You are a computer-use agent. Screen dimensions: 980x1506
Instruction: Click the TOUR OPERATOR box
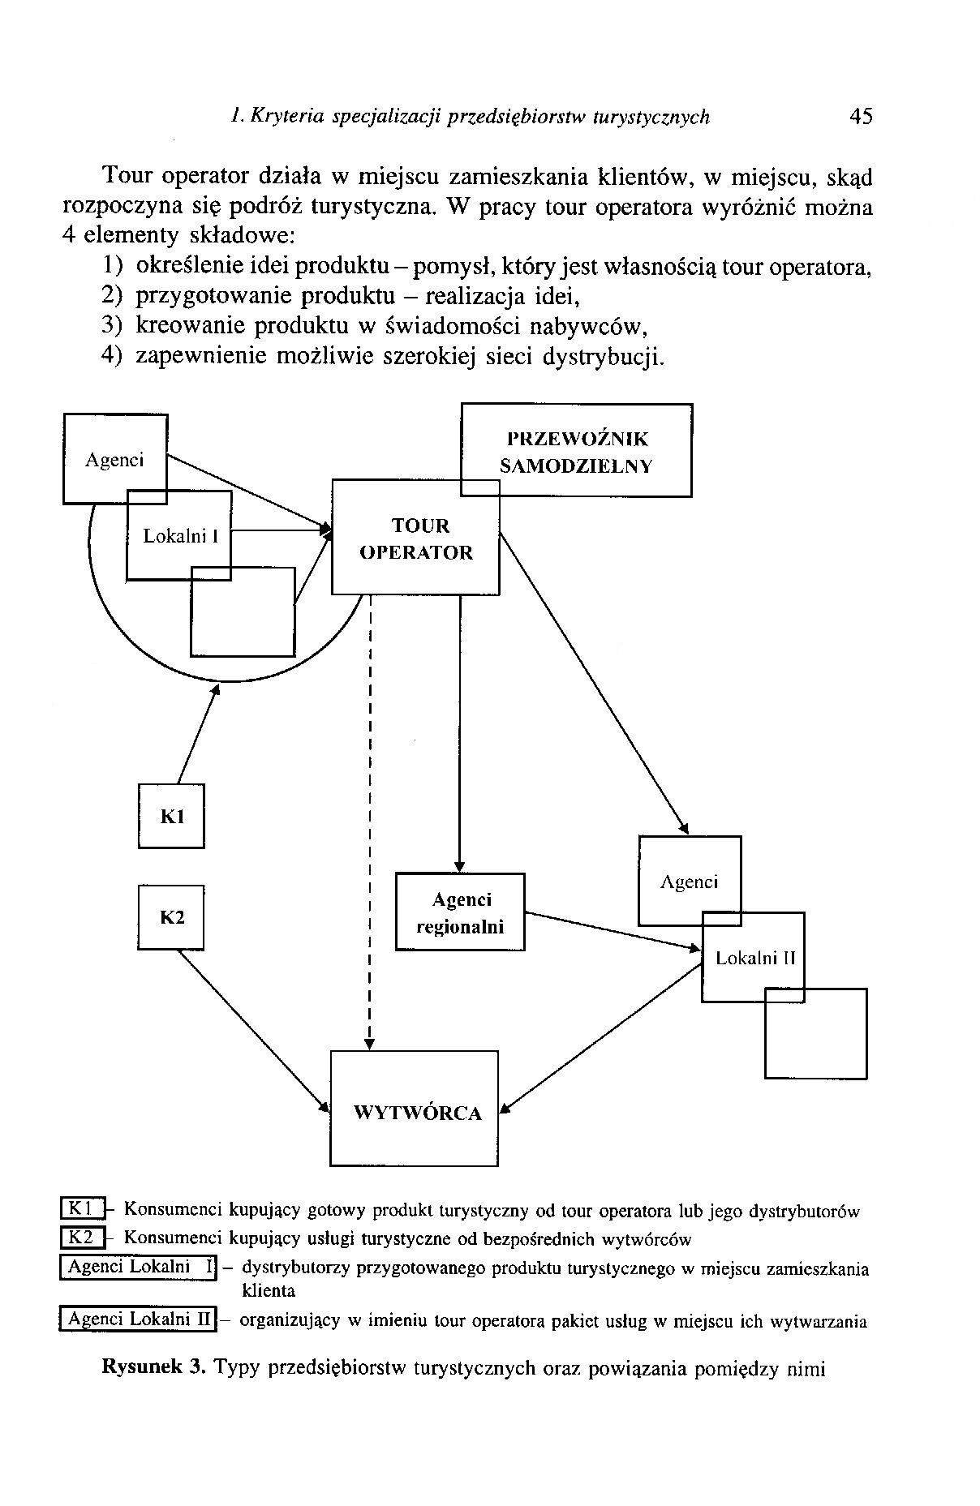[x=415, y=537]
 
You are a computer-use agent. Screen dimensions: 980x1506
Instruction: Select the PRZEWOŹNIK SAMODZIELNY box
[x=577, y=450]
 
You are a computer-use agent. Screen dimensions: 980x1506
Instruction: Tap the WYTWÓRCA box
[x=415, y=1109]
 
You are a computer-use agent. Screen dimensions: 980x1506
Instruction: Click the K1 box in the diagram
[x=171, y=816]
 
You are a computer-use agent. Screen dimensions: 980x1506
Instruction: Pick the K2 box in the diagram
[x=171, y=917]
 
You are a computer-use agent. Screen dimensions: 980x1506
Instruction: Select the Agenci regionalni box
[x=460, y=912]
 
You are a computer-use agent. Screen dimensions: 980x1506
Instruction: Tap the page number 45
[x=861, y=117]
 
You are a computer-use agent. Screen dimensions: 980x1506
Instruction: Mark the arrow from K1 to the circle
[x=198, y=733]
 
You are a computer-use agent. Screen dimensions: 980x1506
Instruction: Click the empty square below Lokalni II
[x=816, y=1033]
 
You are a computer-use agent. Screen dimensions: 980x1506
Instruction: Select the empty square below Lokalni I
[x=243, y=611]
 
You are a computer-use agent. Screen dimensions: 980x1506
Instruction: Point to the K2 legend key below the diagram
[x=84, y=1238]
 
